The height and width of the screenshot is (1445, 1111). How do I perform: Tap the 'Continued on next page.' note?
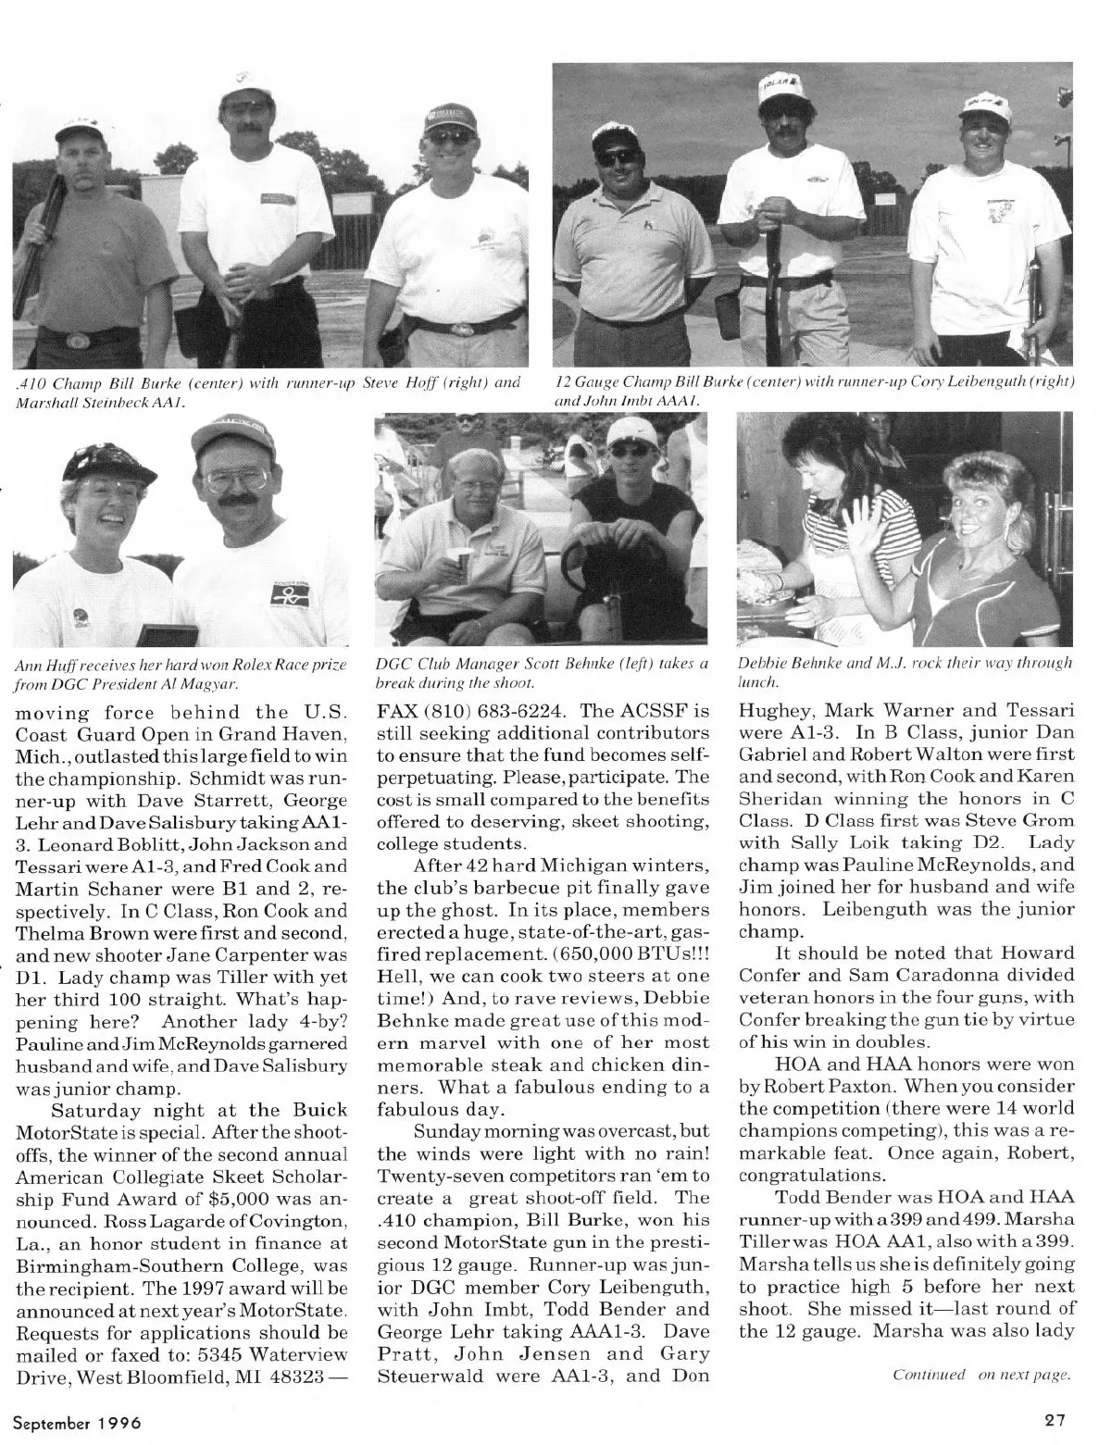[x=981, y=1375]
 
